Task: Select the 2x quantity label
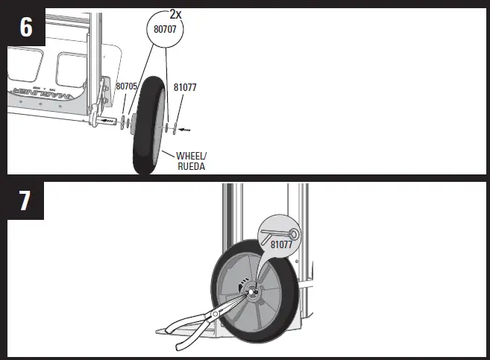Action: coord(176,14)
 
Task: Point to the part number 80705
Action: coord(126,86)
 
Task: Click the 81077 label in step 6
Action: coord(184,86)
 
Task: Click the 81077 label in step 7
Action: coord(280,244)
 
